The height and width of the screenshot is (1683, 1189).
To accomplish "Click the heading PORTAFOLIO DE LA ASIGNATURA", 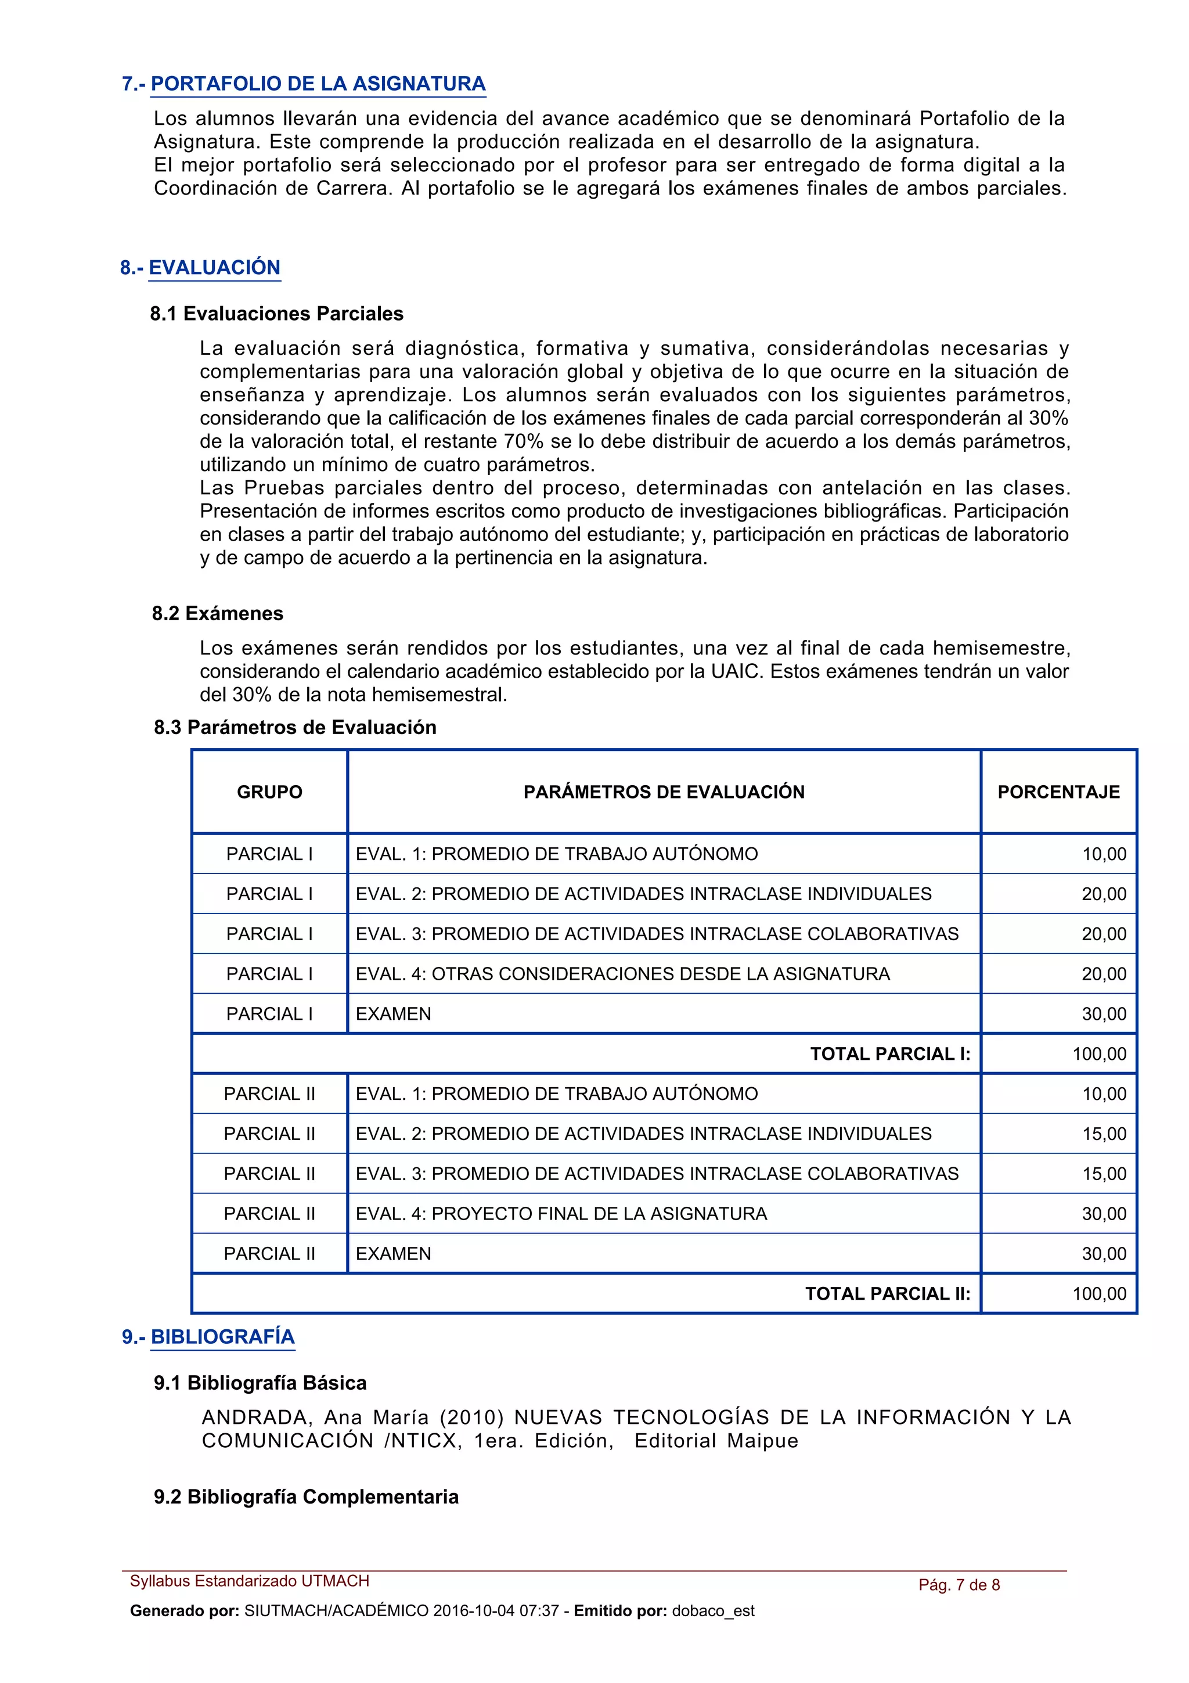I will click(x=318, y=84).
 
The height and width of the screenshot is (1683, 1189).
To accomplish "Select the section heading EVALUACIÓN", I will click(x=215, y=268).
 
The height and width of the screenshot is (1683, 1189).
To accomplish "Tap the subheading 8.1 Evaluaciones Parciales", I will click(x=277, y=314).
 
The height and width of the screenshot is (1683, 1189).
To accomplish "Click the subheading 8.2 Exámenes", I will click(x=218, y=613).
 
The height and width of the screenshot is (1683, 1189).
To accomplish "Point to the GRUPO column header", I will click(x=269, y=792).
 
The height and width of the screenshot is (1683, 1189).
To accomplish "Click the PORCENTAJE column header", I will click(x=1058, y=792).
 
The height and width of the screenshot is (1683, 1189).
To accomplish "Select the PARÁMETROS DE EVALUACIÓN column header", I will click(x=664, y=792).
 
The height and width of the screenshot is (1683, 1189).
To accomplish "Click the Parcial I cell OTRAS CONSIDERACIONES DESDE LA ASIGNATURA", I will click(x=623, y=974).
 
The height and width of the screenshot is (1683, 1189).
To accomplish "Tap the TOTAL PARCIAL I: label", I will click(x=890, y=1054).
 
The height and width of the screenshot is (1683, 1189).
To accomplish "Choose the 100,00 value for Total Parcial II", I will click(x=1099, y=1294).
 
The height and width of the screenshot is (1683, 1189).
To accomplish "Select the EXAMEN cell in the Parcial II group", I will click(x=394, y=1254).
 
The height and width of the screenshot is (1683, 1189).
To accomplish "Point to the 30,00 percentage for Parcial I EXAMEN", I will click(x=1104, y=1014).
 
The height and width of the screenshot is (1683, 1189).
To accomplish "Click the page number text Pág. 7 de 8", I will click(x=959, y=1585).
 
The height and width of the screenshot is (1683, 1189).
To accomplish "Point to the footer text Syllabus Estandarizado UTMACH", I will click(x=249, y=1581).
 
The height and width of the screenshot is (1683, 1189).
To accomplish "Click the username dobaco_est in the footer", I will click(x=713, y=1611).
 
